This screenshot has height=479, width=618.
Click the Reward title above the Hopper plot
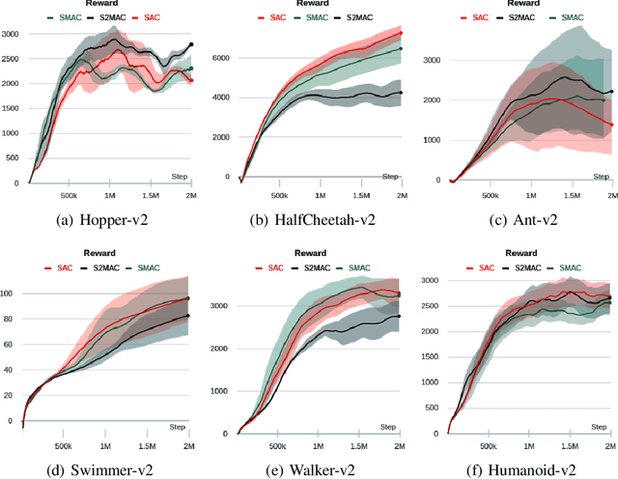pos(108,4)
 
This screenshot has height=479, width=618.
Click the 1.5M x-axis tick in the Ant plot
pos(570,193)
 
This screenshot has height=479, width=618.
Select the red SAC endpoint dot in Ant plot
pos(610,125)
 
